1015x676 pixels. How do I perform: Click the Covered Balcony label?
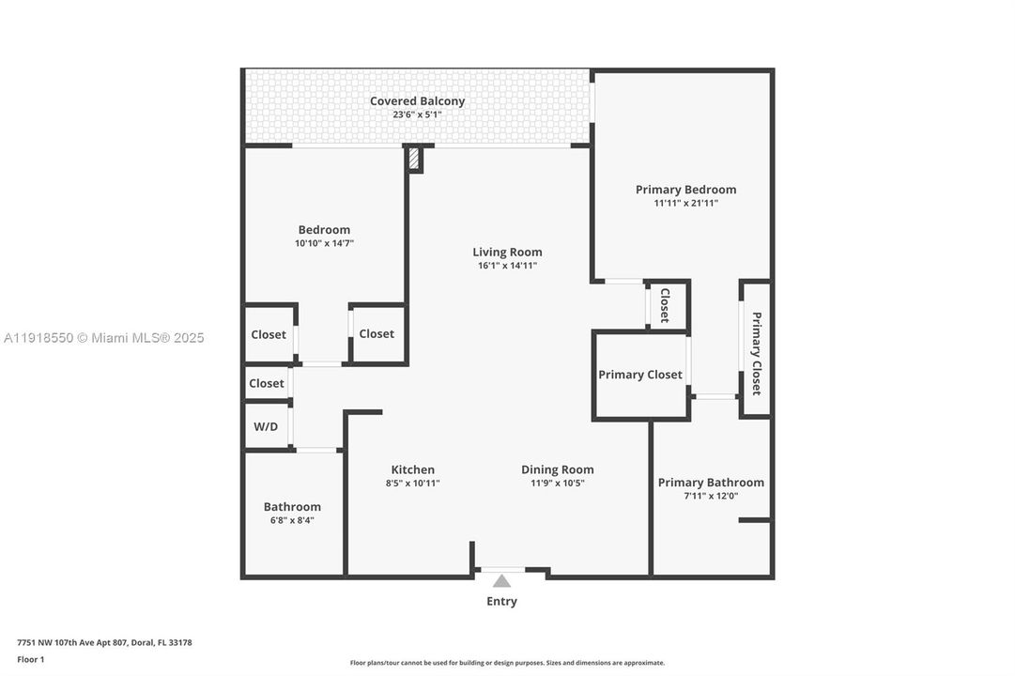[x=417, y=101]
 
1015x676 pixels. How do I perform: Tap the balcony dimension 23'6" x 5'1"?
[x=417, y=115]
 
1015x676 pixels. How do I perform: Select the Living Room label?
[x=507, y=252]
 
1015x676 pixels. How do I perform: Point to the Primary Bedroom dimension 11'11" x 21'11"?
[x=685, y=203]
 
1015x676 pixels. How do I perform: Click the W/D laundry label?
[x=266, y=426]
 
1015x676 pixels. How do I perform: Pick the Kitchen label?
[x=413, y=469]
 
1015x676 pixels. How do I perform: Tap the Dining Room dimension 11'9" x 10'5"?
[x=558, y=484]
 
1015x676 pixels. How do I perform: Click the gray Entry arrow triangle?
[x=502, y=581]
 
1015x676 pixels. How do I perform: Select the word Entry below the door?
[x=501, y=601]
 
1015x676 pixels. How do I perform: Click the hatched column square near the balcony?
[x=414, y=159]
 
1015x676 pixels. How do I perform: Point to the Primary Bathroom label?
[x=711, y=483]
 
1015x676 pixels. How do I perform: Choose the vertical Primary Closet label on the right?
[x=756, y=353]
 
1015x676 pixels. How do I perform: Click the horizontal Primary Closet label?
[x=640, y=375]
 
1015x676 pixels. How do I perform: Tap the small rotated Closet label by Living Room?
[x=665, y=305]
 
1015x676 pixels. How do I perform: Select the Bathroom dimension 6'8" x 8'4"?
[x=292, y=520]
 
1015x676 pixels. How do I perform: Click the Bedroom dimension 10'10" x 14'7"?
[x=324, y=243]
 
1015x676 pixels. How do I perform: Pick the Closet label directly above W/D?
[x=267, y=383]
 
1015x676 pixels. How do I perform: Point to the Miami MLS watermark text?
[x=103, y=338]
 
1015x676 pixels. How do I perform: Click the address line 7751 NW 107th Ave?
[x=104, y=642]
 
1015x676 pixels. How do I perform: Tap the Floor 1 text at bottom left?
[x=30, y=659]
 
